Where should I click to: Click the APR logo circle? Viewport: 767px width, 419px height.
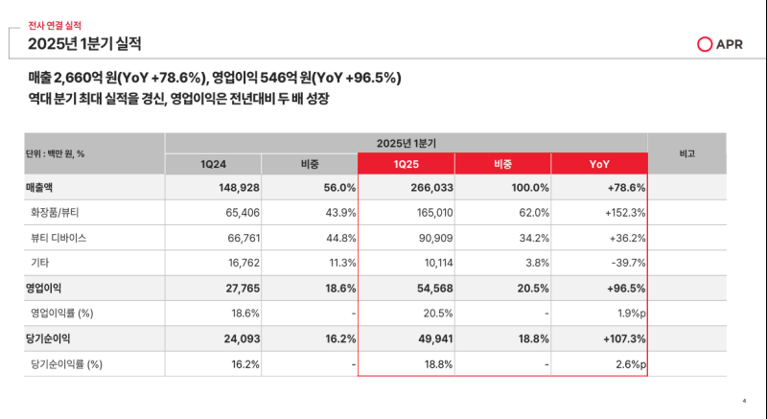point(705,44)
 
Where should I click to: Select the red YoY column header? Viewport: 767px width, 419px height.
point(598,164)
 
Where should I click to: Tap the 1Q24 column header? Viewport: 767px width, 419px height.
point(213,164)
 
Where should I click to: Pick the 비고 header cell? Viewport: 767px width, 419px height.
point(686,153)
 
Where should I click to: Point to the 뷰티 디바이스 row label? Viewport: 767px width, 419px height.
point(60,237)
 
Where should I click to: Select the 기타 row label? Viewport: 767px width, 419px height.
point(40,262)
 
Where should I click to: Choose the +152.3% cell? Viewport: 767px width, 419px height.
point(621,213)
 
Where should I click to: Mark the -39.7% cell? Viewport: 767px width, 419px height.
point(625,262)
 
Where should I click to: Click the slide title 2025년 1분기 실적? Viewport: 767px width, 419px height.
point(84,43)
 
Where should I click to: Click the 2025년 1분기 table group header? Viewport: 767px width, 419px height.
point(406,142)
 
